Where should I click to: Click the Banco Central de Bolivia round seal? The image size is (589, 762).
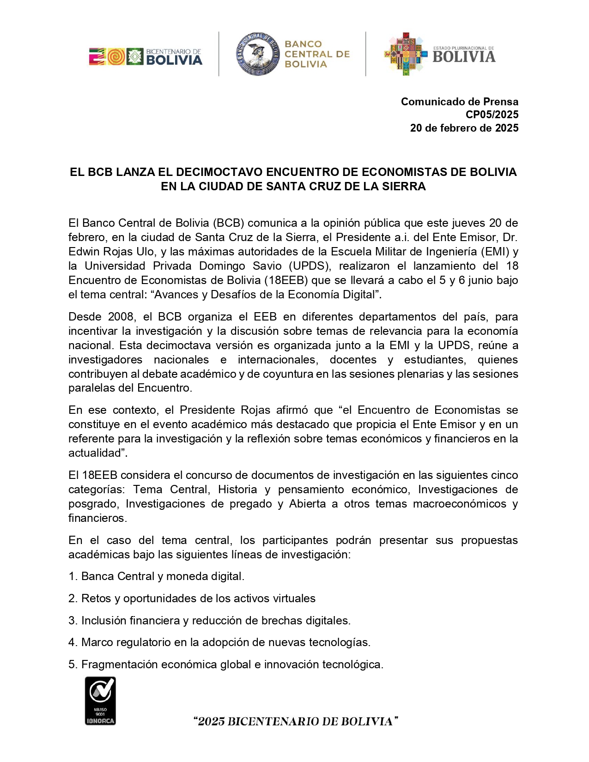[x=258, y=54]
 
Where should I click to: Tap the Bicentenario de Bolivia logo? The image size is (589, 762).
[x=146, y=56]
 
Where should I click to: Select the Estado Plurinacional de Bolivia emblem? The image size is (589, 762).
[x=439, y=54]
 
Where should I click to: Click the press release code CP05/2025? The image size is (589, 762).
[x=492, y=115]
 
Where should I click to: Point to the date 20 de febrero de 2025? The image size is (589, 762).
[x=464, y=128]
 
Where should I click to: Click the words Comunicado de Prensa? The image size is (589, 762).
[x=460, y=102]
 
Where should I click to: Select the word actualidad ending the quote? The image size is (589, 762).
[x=96, y=453]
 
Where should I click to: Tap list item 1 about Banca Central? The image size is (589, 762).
[x=157, y=576]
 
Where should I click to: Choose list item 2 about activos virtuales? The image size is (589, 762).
[x=192, y=599]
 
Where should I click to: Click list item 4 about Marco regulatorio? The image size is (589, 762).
[x=219, y=642]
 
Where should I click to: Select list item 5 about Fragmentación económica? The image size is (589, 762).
[x=226, y=665]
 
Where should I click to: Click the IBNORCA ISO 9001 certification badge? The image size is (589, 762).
[x=100, y=701]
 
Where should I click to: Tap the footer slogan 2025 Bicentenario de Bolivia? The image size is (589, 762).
[x=296, y=721]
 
